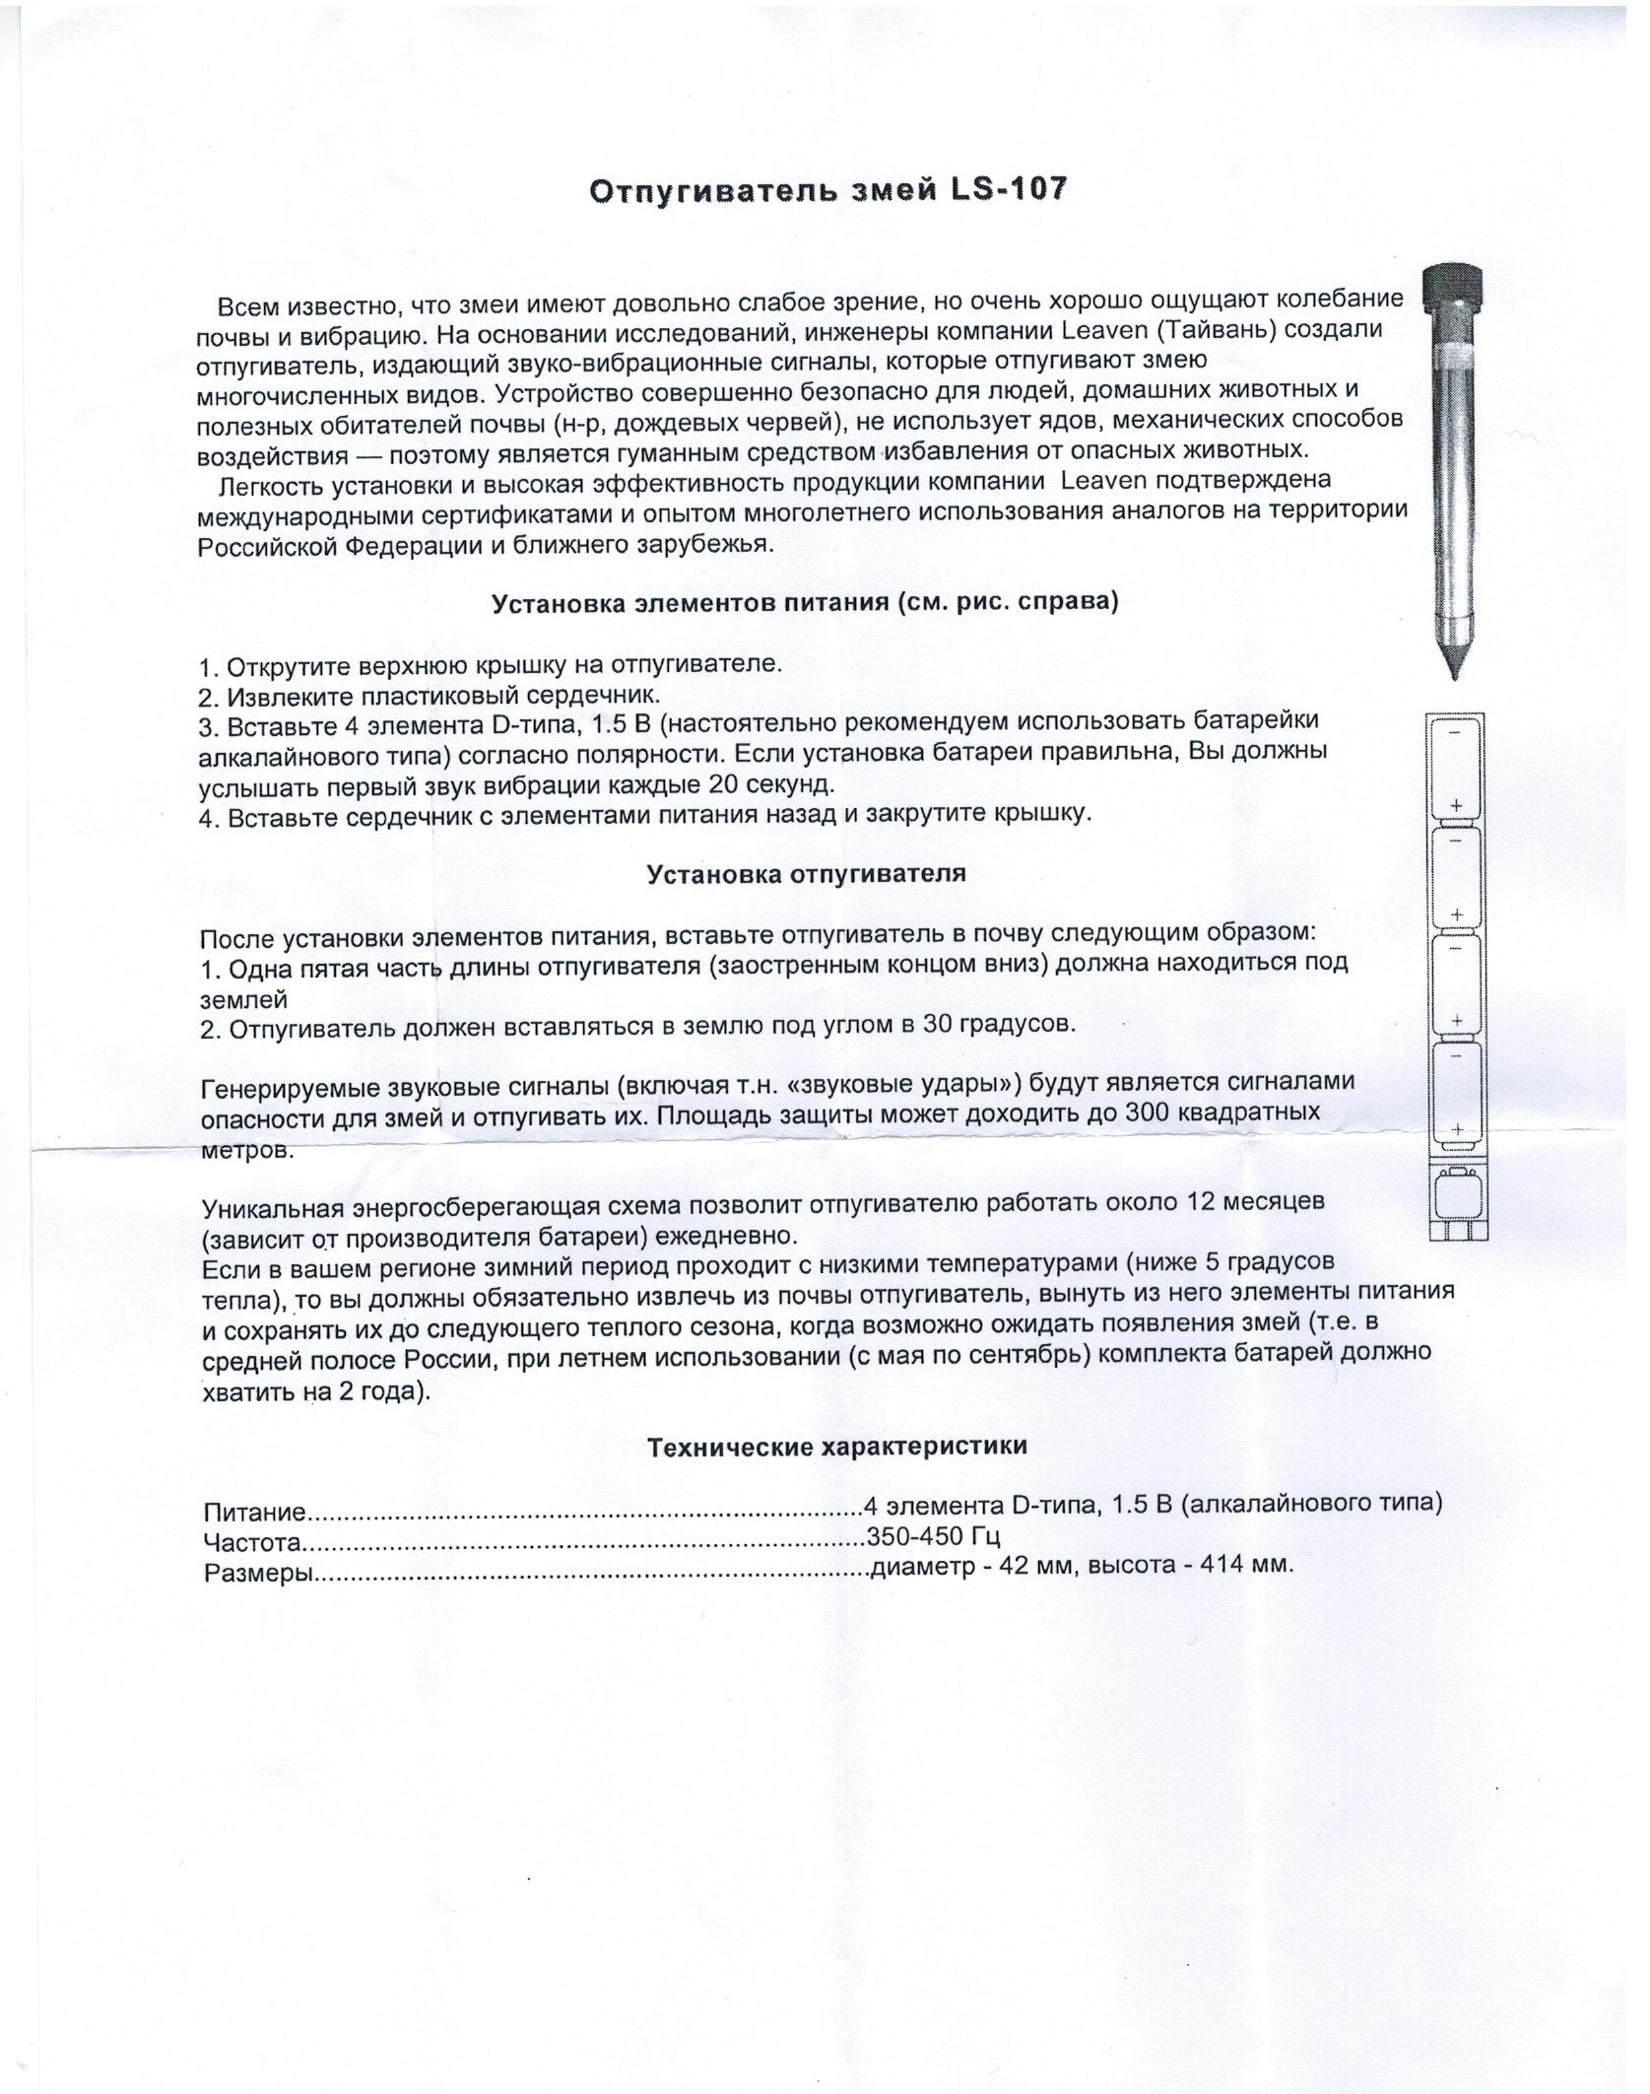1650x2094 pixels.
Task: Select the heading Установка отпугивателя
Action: tap(806, 873)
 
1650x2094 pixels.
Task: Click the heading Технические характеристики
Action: tap(837, 1447)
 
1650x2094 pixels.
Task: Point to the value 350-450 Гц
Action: tap(933, 1535)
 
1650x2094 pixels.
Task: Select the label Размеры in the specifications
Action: tap(258, 1574)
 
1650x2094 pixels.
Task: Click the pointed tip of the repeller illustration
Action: tap(1454, 670)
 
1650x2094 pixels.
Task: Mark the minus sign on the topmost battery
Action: tap(1456, 732)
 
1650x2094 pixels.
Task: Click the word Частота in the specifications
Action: tap(251, 1543)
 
